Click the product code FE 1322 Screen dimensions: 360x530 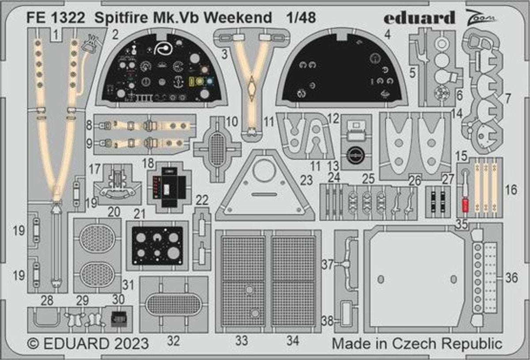54,18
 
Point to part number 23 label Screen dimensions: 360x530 306,180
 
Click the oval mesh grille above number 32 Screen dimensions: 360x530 173,304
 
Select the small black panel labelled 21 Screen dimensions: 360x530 157,246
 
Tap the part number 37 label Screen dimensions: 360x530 327,265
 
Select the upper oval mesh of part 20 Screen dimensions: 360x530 97,238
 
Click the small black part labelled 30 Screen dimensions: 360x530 117,317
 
